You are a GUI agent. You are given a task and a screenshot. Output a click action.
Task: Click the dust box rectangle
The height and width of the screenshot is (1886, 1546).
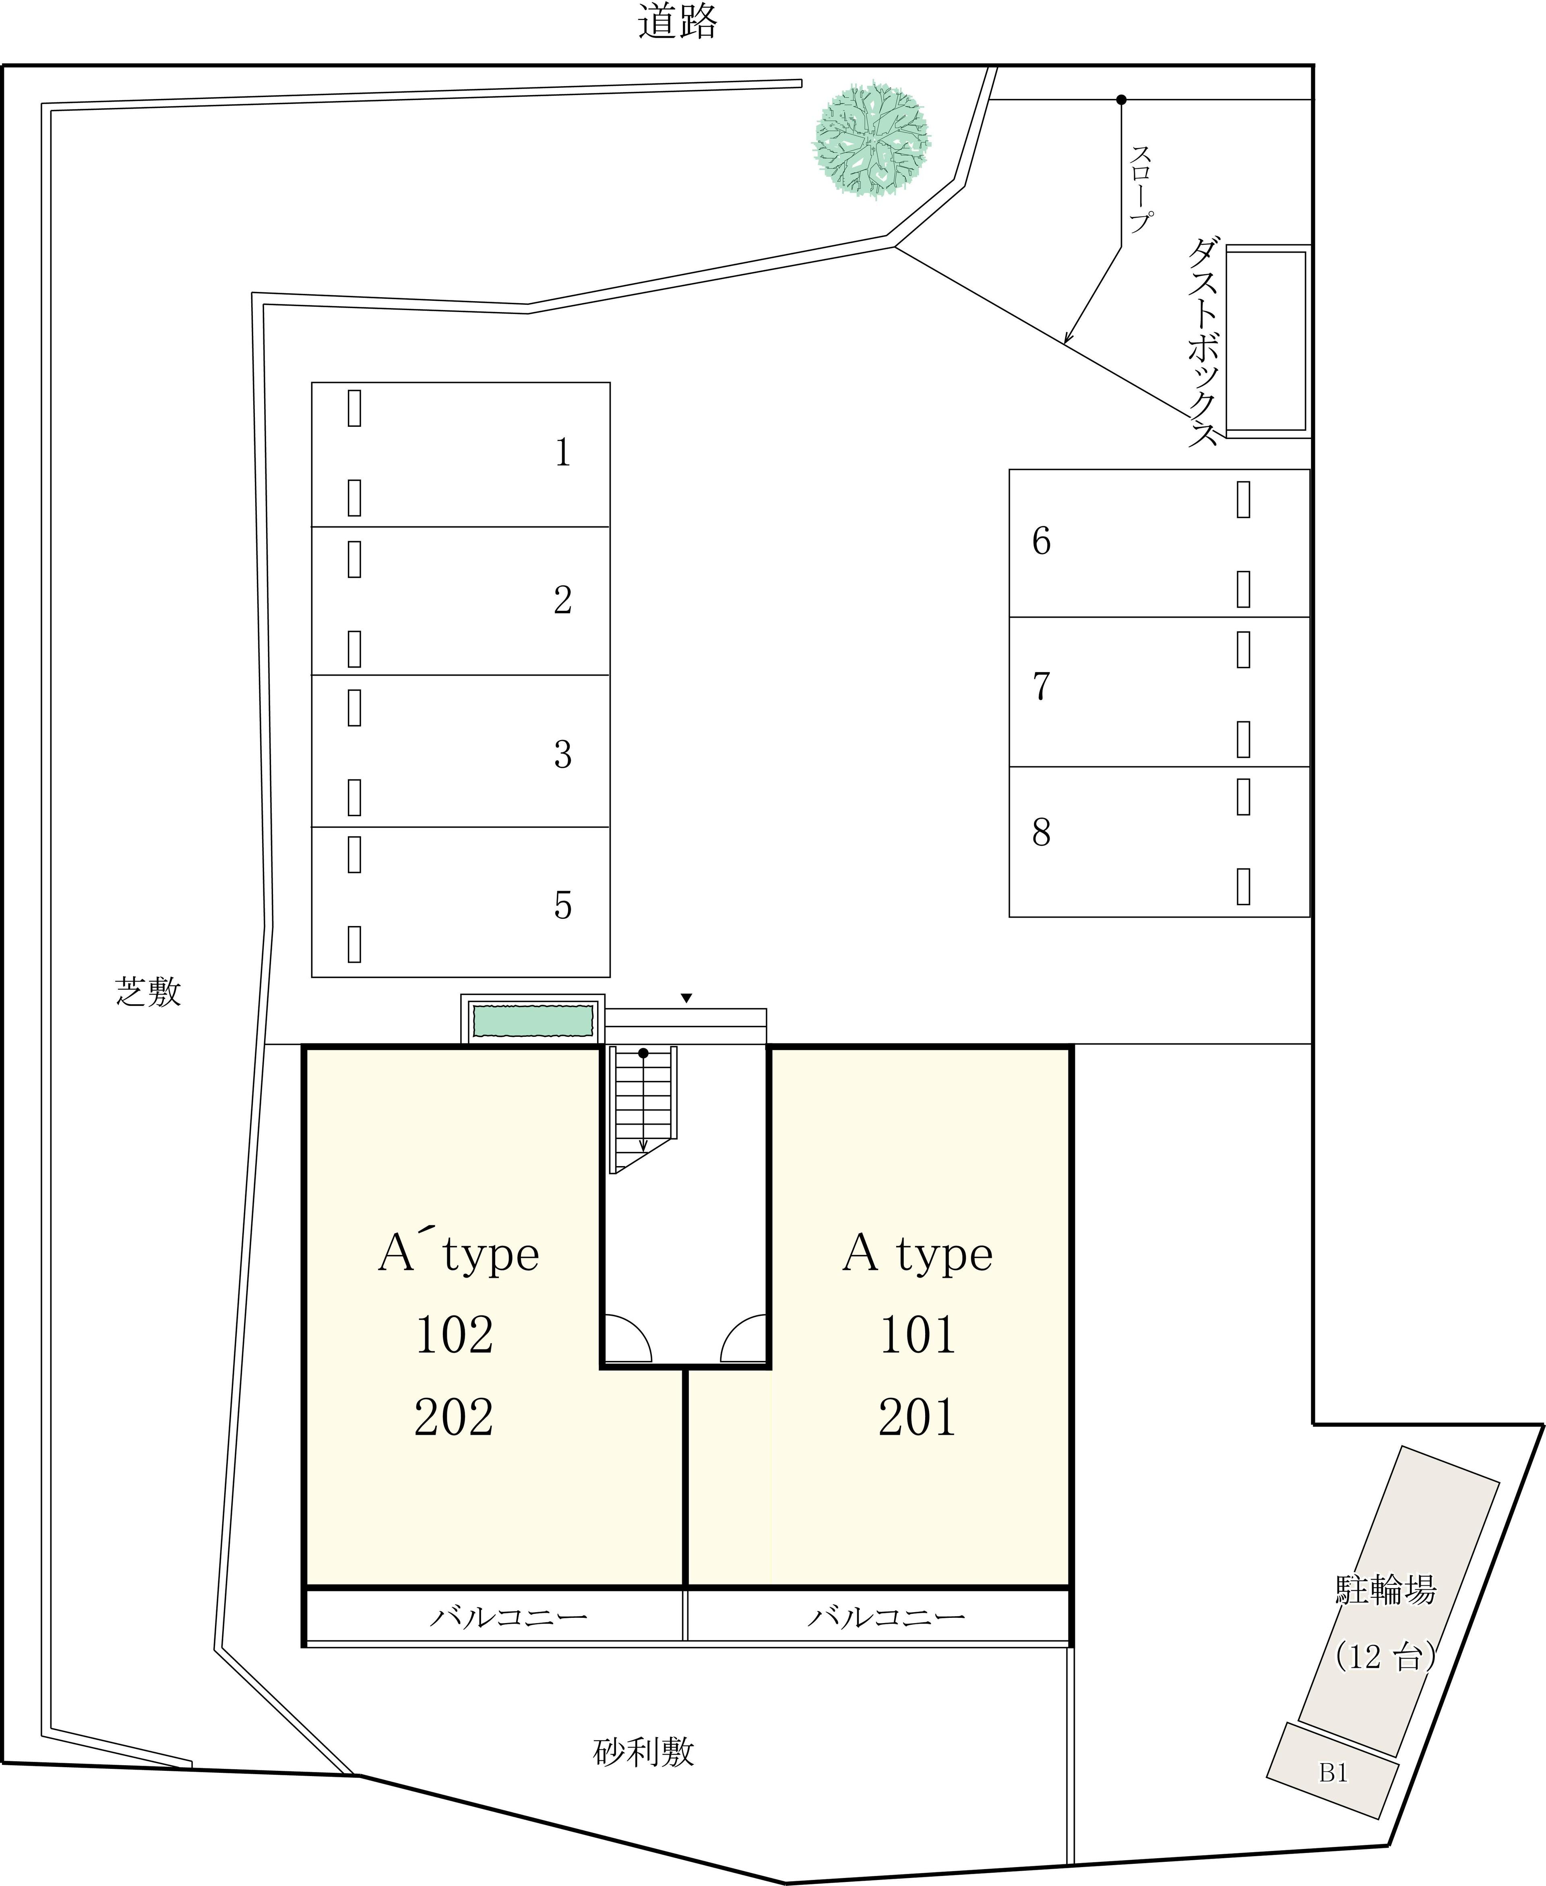point(1265,342)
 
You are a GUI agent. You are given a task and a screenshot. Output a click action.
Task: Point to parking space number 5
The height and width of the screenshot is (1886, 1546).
point(461,902)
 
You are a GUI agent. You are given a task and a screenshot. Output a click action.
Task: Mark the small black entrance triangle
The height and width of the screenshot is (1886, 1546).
point(686,998)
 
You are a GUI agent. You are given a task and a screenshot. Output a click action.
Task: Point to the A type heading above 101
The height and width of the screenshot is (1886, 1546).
point(917,1254)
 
